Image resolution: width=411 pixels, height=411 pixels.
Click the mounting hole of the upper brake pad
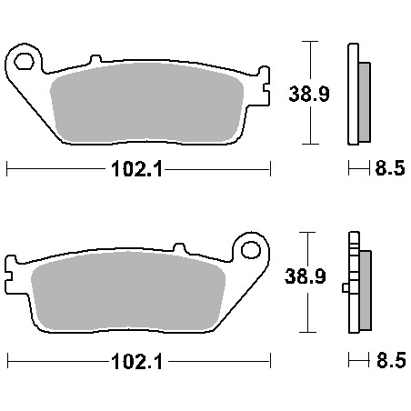(x=24, y=62)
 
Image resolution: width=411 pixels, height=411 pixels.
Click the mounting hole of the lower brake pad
(x=251, y=250)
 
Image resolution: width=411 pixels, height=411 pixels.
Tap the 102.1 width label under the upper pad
(x=136, y=169)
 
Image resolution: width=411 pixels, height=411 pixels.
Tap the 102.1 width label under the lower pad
(x=137, y=361)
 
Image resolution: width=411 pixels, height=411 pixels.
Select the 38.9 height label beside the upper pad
(x=309, y=94)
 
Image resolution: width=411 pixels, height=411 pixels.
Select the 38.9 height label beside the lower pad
(x=306, y=276)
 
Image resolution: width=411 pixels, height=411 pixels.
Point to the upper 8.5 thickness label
(x=390, y=168)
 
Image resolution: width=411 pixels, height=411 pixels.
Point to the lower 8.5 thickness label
(x=391, y=360)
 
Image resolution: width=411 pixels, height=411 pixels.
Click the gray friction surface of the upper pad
(x=147, y=103)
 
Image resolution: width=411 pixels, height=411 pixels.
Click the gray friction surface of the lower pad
(x=128, y=291)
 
